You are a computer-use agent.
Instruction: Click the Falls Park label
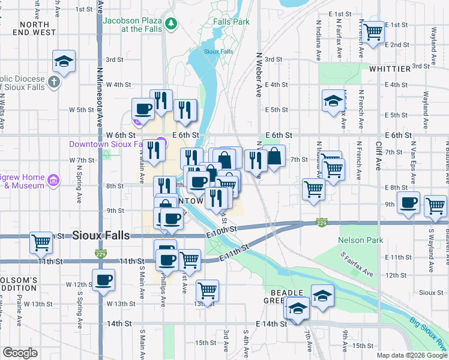231,22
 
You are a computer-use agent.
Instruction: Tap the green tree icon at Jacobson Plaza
172,23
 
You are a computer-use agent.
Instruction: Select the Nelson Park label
360,240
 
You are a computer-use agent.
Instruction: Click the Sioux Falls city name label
101,235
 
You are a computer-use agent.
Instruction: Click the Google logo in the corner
20,353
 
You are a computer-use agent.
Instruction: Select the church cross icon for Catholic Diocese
53,82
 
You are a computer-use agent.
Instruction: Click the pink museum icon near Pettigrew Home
53,179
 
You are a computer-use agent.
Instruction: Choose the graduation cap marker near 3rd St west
64,61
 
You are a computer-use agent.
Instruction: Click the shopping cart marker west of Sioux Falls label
41,242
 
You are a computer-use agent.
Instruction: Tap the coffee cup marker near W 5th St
143,109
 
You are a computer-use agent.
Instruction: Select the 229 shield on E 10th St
322,223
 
